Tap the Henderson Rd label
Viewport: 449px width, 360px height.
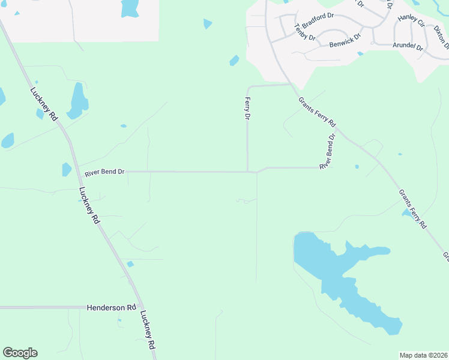[112, 307]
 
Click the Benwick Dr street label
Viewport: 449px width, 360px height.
[345, 41]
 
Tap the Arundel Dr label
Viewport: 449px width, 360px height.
[408, 47]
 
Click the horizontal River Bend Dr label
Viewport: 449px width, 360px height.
[104, 172]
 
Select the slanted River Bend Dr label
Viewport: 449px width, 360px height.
[327, 151]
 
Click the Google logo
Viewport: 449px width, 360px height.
[20, 353]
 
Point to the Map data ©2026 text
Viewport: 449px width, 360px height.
[423, 355]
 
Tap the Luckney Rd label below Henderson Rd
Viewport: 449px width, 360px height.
[148, 330]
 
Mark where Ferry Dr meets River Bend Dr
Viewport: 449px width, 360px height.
[248, 172]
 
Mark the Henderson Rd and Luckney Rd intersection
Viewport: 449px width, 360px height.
[138, 307]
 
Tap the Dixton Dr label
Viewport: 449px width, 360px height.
[442, 37]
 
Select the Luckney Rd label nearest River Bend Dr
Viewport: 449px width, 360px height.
[89, 206]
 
